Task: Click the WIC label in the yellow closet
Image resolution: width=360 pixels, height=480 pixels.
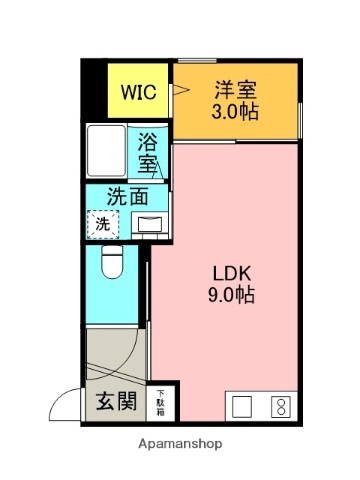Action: [137, 92]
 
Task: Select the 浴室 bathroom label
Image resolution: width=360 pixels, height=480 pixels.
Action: [148, 151]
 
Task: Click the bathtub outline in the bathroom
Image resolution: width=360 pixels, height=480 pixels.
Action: [106, 151]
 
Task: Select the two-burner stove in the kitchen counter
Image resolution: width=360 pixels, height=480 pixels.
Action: [281, 406]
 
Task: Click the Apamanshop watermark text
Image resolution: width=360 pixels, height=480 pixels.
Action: [180, 442]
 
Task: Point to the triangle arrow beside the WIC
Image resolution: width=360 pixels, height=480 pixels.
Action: [180, 90]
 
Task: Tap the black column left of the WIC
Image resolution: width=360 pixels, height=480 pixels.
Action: [95, 90]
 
